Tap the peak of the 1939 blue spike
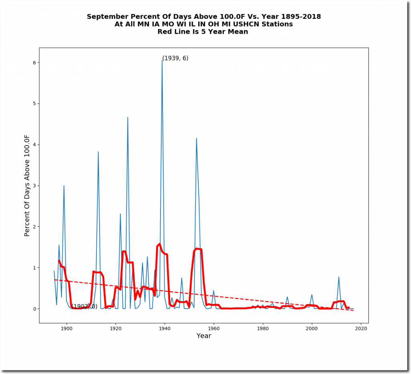(162, 60)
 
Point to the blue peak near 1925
(128, 117)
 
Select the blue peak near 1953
(196, 138)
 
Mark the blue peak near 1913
(98, 152)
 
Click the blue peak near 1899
(64, 186)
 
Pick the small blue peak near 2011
(339, 277)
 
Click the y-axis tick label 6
(35, 63)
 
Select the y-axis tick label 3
(35, 186)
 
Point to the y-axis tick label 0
(35, 309)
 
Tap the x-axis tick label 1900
(67, 329)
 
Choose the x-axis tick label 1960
(214, 329)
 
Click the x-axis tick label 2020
(361, 329)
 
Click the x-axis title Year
(204, 336)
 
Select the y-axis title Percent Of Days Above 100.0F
(27, 186)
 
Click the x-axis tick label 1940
(165, 329)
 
